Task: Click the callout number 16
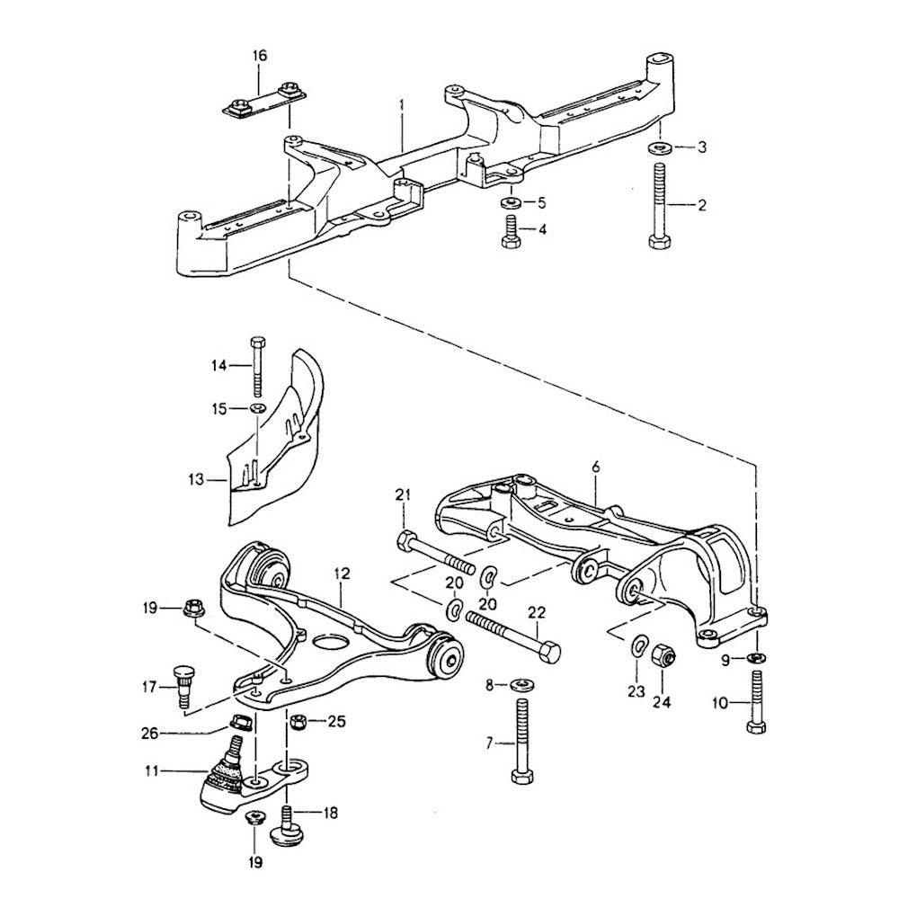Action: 260,56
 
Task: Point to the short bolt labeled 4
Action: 508,231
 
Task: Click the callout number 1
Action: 402,106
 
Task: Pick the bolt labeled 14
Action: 258,367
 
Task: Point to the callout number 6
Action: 594,467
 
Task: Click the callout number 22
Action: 536,611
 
